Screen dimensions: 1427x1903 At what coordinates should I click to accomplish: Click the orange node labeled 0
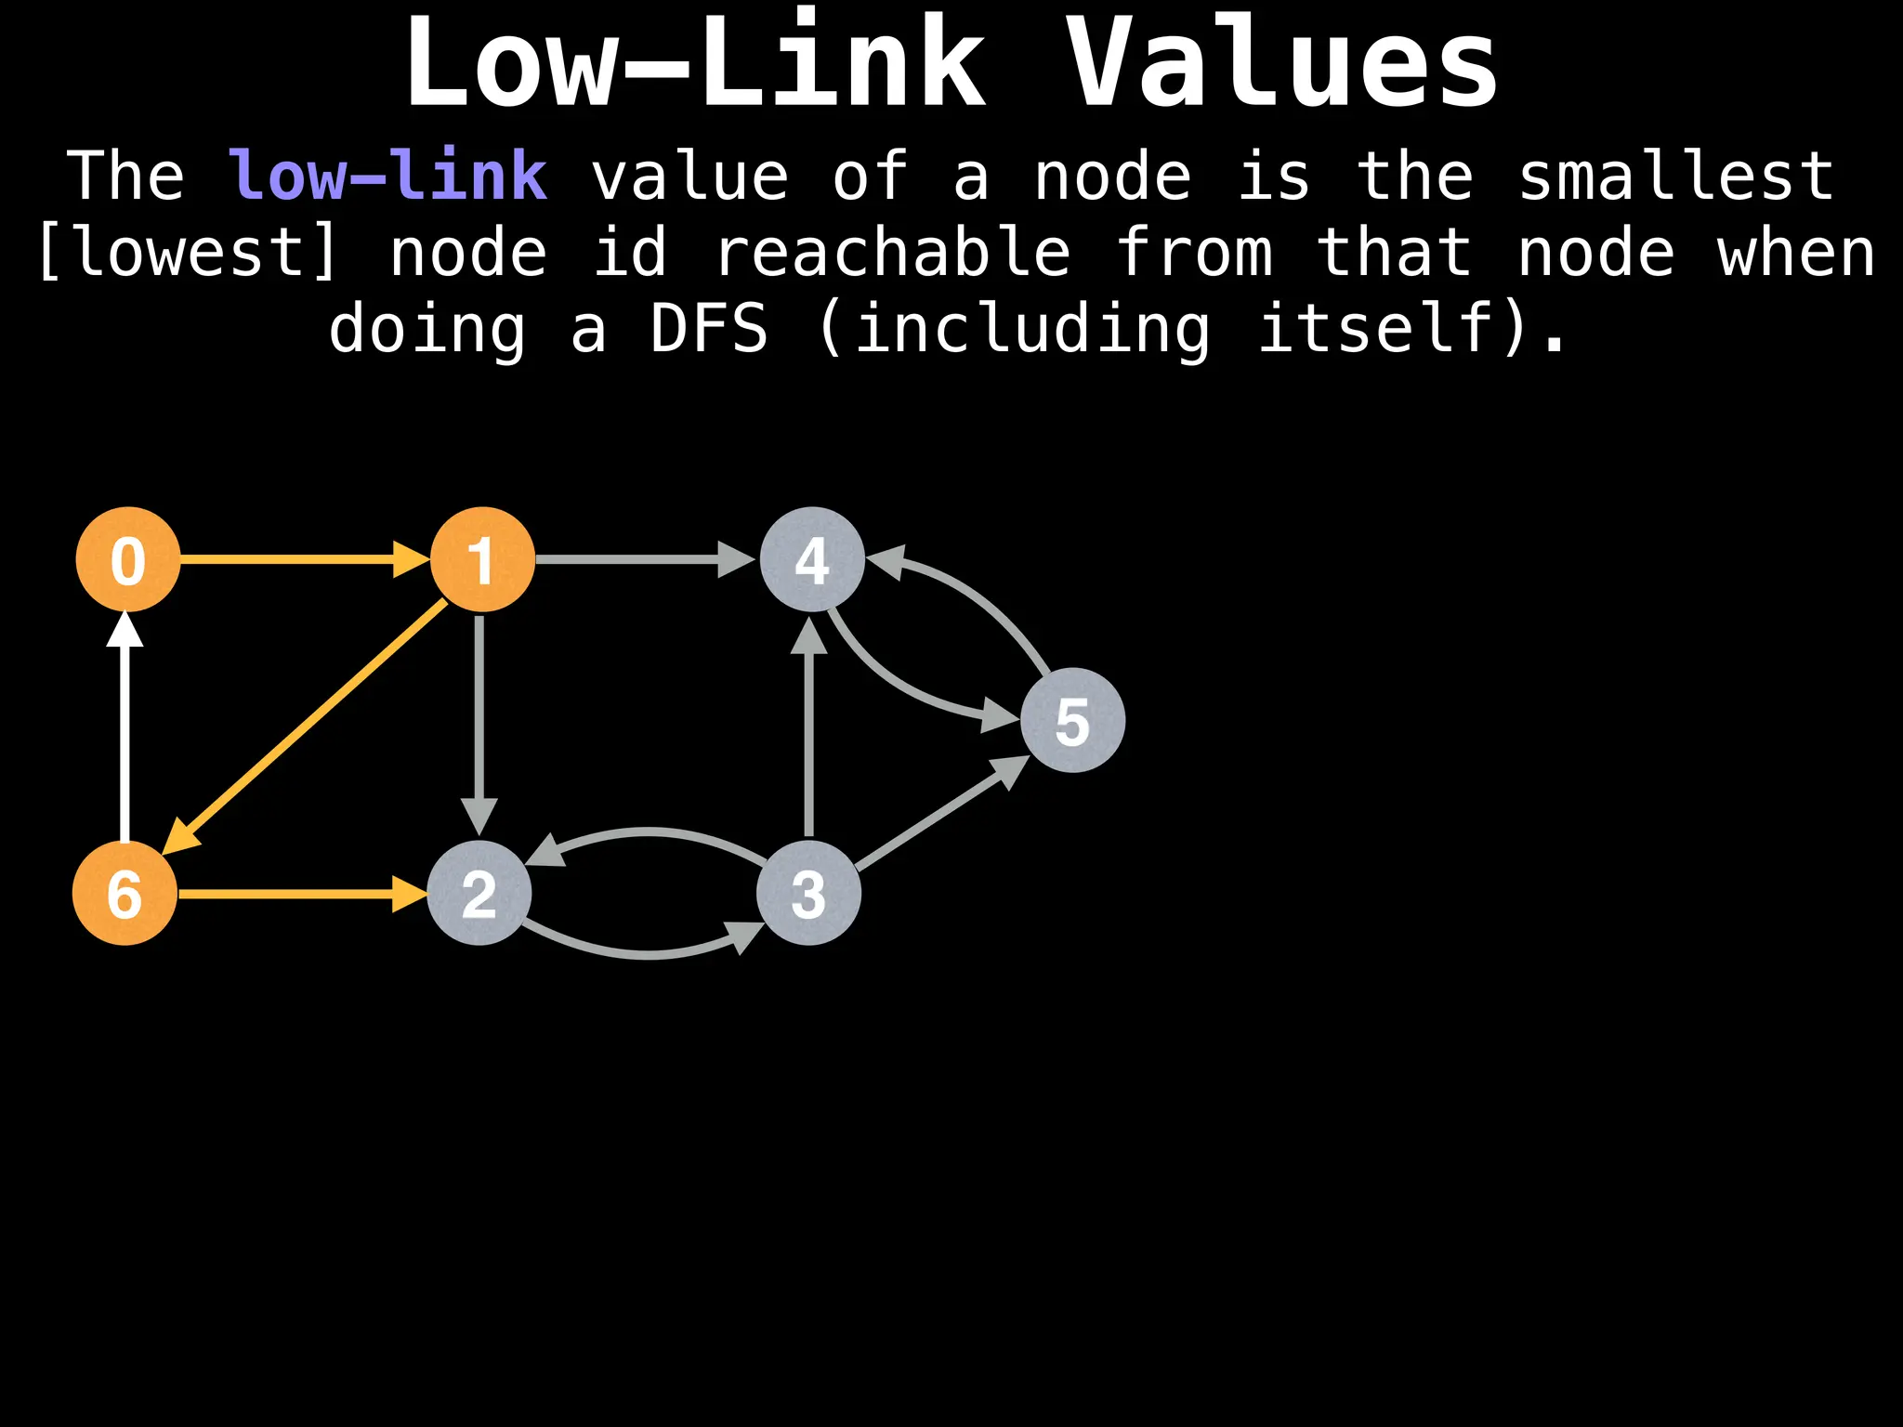coord(128,559)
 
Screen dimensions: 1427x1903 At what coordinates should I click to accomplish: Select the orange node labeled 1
coord(481,559)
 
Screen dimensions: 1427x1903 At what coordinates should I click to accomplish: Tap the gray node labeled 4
coord(812,559)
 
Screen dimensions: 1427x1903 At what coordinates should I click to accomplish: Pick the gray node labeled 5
coord(1072,720)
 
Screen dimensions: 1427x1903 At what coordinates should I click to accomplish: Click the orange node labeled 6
coord(125,893)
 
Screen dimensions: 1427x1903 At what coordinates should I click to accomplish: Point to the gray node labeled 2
coord(479,893)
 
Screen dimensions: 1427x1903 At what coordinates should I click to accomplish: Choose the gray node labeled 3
coord(808,893)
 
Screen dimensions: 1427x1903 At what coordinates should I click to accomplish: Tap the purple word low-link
coord(387,177)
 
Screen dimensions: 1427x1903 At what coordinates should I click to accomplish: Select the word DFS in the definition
coord(709,329)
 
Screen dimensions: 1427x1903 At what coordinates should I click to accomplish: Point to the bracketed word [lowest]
coord(186,253)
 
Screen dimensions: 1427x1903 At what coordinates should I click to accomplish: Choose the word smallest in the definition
coord(1675,177)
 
